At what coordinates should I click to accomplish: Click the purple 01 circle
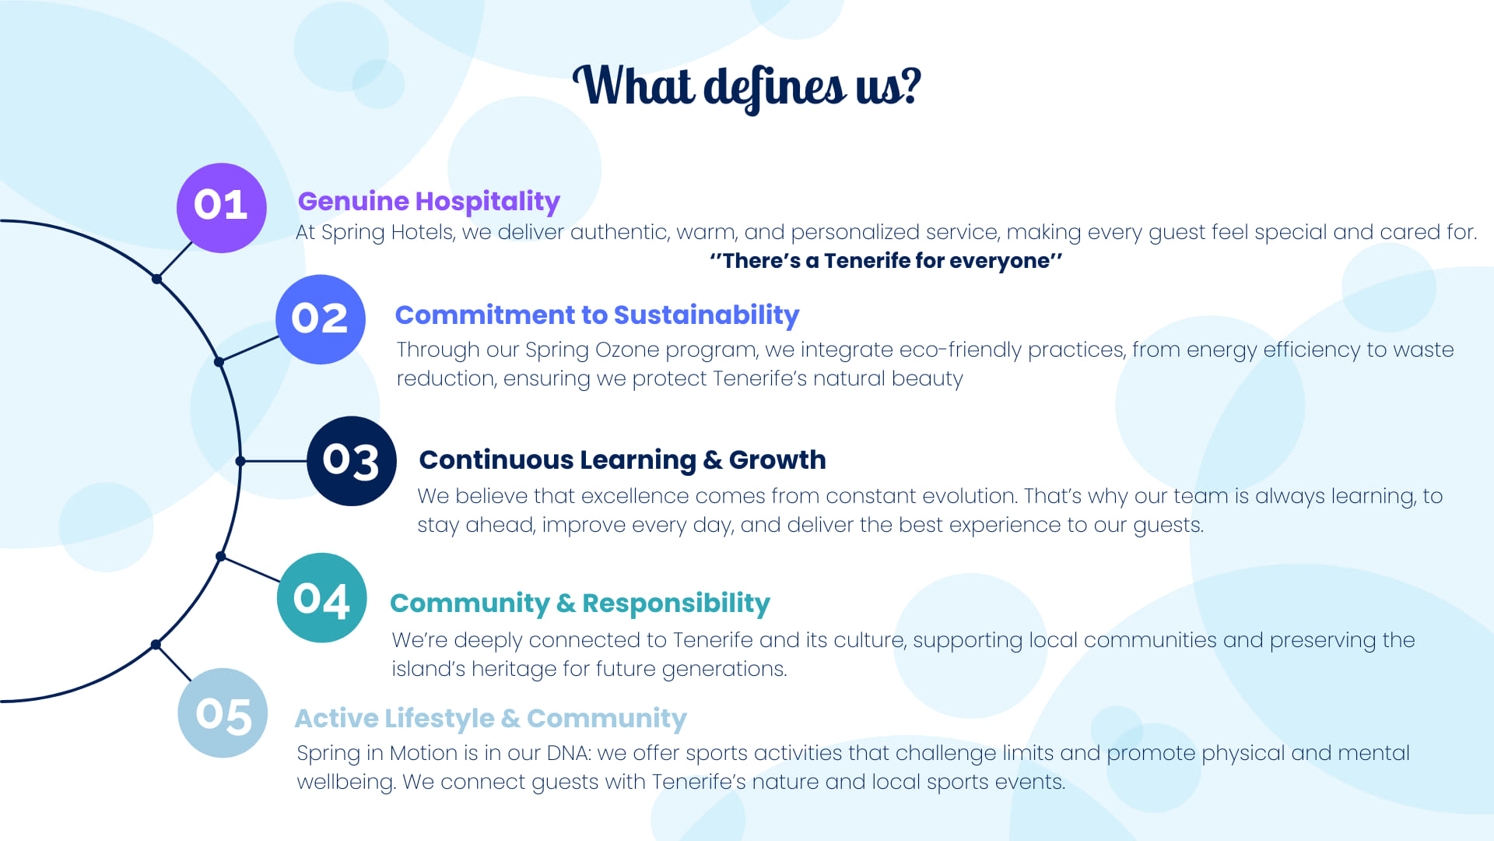click(x=222, y=208)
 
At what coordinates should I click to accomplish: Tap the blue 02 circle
click(x=321, y=319)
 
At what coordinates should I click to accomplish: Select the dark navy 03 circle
click(x=352, y=461)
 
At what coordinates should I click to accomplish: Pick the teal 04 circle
click(x=322, y=598)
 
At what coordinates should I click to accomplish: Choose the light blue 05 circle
click(x=223, y=713)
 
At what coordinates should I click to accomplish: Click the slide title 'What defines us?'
click(x=747, y=87)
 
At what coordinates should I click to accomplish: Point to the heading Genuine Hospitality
click(x=429, y=202)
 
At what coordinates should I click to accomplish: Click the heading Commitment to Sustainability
click(x=597, y=315)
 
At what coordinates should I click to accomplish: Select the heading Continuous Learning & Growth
click(x=622, y=460)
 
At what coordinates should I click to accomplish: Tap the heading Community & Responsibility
click(x=580, y=603)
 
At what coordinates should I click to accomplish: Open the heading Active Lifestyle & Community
click(x=490, y=718)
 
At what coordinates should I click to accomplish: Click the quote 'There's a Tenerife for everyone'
click(x=886, y=261)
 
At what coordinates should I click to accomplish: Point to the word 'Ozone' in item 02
click(x=627, y=350)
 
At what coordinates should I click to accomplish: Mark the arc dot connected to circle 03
click(x=240, y=461)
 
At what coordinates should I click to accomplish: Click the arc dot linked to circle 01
click(x=156, y=279)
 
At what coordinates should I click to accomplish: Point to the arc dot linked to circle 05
click(x=156, y=645)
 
